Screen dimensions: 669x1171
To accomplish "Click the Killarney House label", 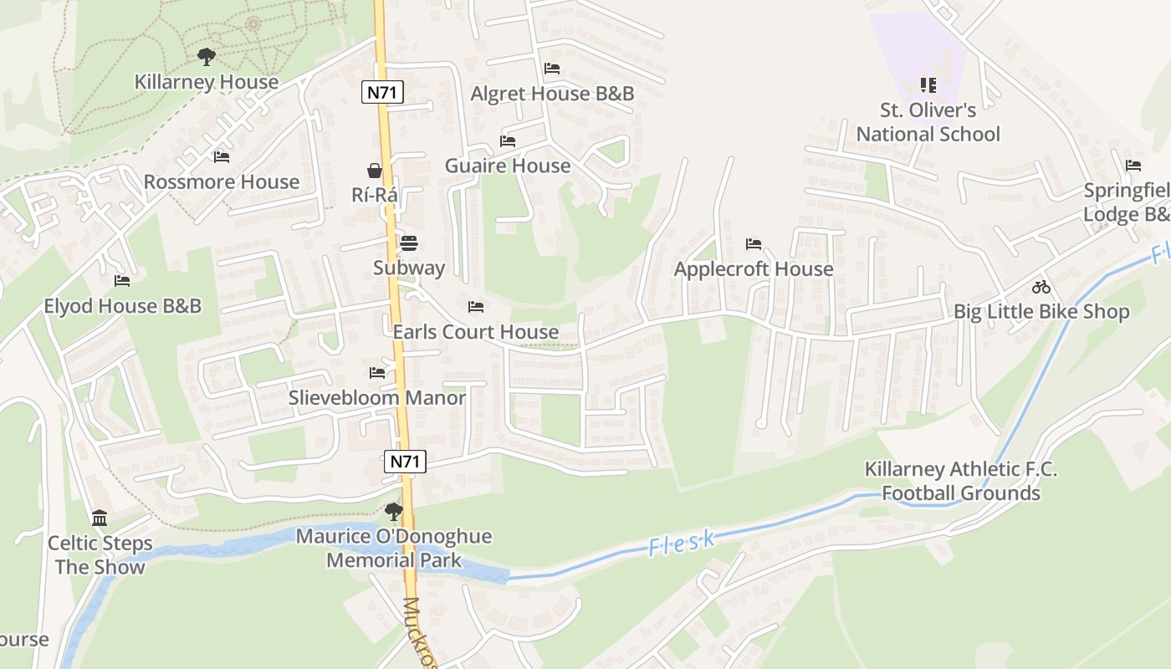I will coord(207,82).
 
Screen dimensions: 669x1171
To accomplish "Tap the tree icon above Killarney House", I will coord(207,57).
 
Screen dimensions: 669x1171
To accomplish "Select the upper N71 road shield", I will coord(381,92).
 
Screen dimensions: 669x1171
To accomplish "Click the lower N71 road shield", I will coord(406,461).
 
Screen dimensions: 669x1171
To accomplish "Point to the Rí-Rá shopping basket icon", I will coord(375,171).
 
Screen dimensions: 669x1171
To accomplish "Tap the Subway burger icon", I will coord(409,243).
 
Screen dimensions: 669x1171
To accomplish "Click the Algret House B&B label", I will coord(552,94).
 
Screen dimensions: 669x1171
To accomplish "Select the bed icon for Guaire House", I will coord(508,140).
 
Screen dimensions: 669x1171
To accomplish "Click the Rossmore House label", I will coord(222,181).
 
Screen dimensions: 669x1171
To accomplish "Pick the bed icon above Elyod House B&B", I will coord(122,281).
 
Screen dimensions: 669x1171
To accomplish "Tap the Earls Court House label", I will coord(476,332).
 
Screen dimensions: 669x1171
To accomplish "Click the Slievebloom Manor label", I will coord(377,397).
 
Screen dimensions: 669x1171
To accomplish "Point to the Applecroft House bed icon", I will coord(754,244).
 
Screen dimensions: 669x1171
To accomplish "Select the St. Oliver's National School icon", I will coord(928,84).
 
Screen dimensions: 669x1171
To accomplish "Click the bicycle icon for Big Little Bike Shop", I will coord(1041,287).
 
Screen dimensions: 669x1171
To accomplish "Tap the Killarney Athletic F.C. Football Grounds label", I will coord(961,481).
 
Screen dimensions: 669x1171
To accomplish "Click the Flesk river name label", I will coord(682,543).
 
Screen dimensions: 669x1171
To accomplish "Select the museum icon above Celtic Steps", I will coord(100,518).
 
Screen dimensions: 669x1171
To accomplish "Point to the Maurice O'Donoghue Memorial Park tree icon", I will coord(394,511).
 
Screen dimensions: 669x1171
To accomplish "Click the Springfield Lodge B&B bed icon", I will coord(1133,166).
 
